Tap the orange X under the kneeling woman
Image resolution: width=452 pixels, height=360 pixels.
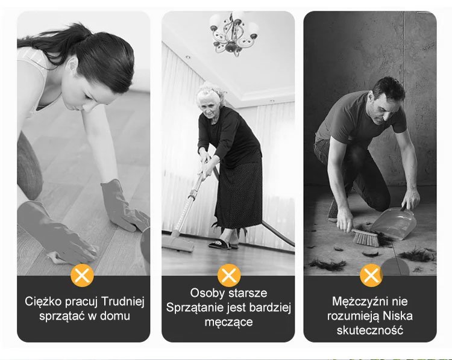coord(83,275)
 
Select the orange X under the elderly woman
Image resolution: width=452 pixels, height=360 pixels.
coord(229,275)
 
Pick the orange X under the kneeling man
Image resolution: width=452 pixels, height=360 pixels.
coord(371,275)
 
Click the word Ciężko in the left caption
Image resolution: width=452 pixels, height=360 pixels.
coord(43,302)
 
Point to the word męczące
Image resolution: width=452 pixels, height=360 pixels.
coord(228,322)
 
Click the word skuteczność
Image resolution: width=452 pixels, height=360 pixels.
coord(370,330)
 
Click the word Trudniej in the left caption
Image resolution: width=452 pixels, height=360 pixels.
coord(122,302)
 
